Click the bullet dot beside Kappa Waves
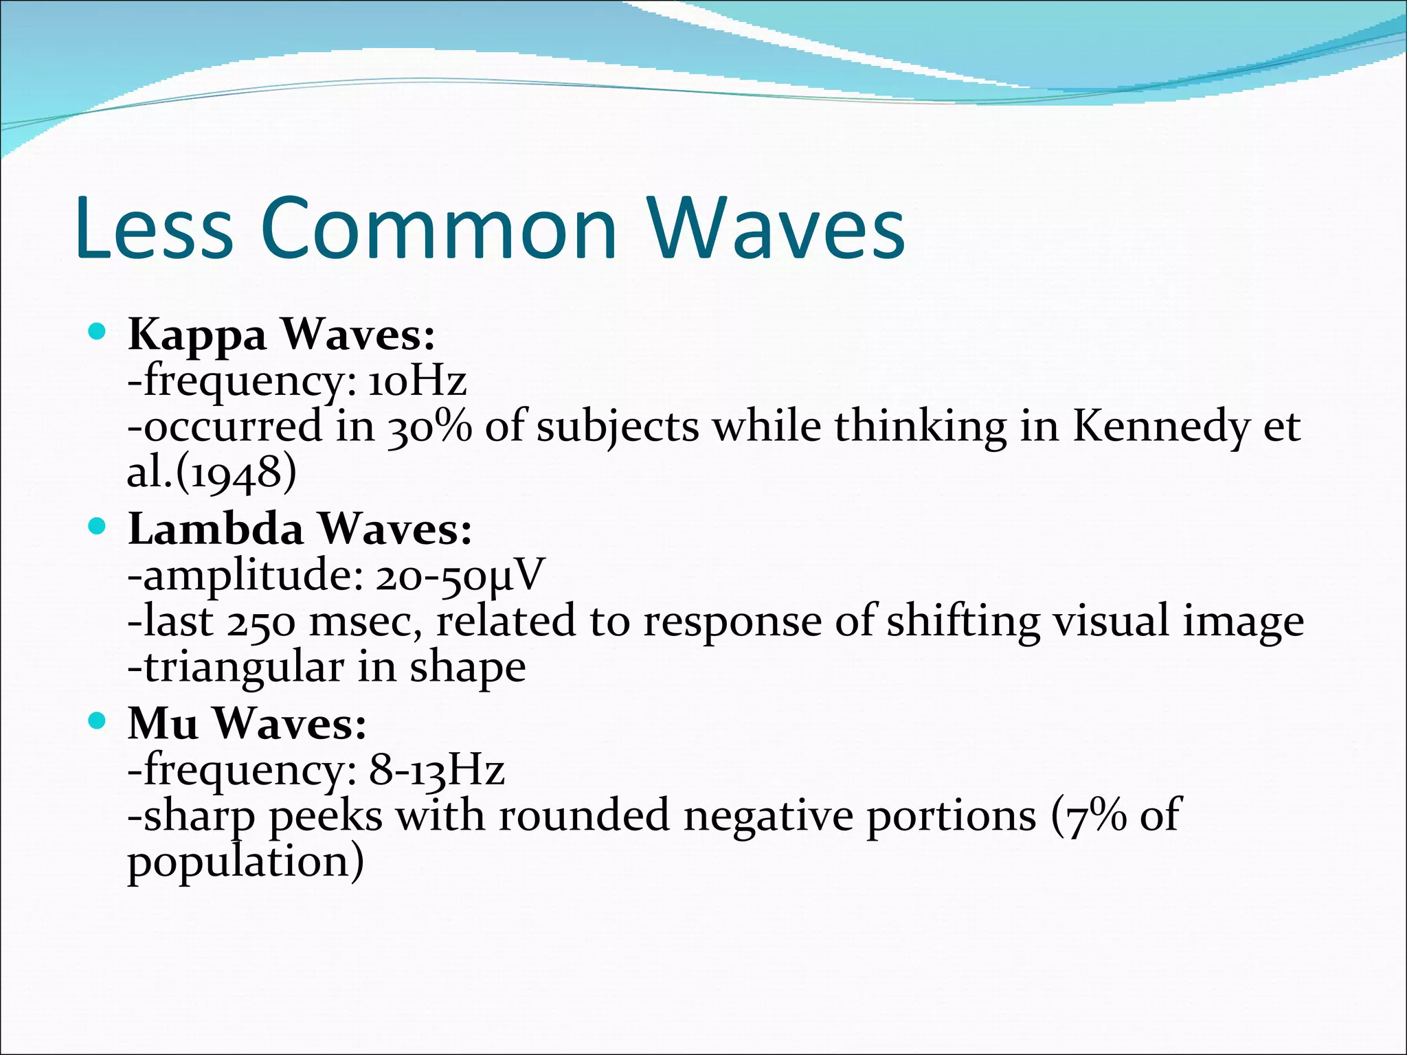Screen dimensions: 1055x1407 click(x=98, y=333)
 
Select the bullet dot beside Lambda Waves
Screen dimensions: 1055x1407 click(x=98, y=527)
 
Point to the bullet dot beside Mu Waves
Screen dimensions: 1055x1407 click(x=98, y=722)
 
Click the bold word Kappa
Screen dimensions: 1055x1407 click(x=197, y=336)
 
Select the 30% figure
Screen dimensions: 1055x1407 click(x=430, y=427)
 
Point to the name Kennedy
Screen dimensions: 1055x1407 click(x=1161, y=428)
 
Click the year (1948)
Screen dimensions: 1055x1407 click(x=236, y=473)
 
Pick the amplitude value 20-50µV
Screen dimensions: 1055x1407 click(x=460, y=576)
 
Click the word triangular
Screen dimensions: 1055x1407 click(x=244, y=668)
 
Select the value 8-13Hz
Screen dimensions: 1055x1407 click(x=437, y=770)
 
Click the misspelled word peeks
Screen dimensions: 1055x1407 click(x=325, y=817)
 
